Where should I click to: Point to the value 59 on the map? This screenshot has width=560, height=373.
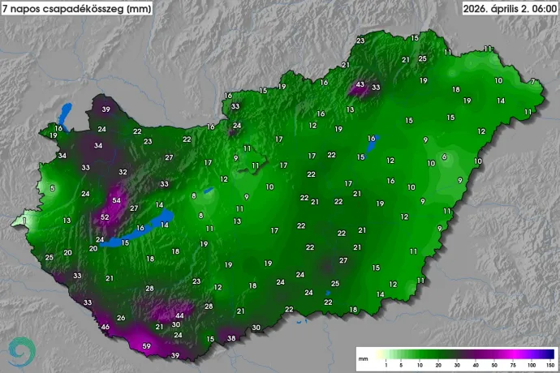pos(147,347)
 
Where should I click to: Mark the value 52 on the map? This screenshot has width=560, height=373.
pos(105,217)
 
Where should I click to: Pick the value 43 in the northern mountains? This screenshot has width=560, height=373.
pos(360,84)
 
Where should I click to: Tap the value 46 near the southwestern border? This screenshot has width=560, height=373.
pos(105,327)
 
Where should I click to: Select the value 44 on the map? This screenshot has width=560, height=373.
pos(179,315)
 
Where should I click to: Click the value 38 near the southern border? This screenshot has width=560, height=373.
pos(231,338)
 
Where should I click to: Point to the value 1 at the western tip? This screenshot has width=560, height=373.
pos(24,220)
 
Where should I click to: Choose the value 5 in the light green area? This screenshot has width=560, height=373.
pos(53,188)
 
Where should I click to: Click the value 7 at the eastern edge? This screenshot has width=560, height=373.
pos(532,81)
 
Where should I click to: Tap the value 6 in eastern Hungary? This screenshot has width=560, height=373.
pos(444,156)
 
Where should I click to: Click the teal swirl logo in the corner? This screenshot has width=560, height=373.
pos(22,350)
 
